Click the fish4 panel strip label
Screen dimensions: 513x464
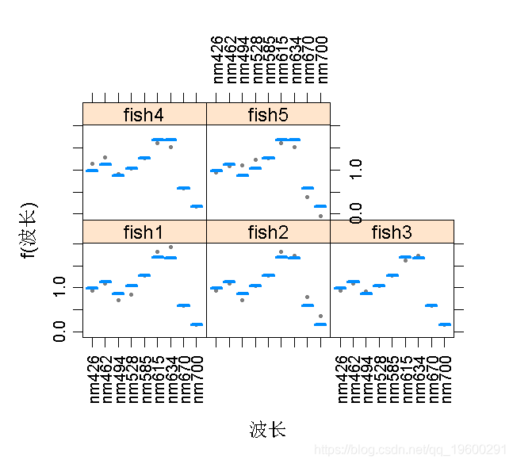click(144, 114)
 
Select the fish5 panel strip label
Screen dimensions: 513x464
click(268, 114)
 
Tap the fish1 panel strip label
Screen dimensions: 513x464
click(144, 232)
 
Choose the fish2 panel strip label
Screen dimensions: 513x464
click(268, 232)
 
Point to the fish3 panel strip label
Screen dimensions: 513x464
click(392, 232)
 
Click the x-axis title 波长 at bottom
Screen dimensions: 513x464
click(267, 430)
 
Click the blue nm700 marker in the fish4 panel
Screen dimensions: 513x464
click(196, 206)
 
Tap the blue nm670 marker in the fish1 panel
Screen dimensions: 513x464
click(183, 305)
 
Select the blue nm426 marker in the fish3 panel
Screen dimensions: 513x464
click(340, 288)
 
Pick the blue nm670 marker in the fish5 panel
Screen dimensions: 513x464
click(308, 188)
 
